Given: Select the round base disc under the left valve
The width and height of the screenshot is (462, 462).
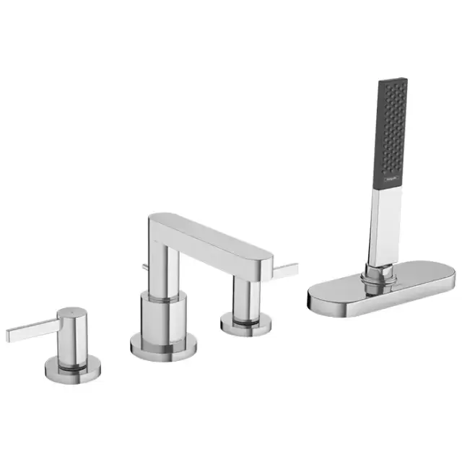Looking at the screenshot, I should pos(71,369).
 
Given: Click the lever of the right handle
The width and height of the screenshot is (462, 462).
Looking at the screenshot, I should pos(284,270).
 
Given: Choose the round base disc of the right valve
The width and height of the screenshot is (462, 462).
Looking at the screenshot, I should pos(246,324).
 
